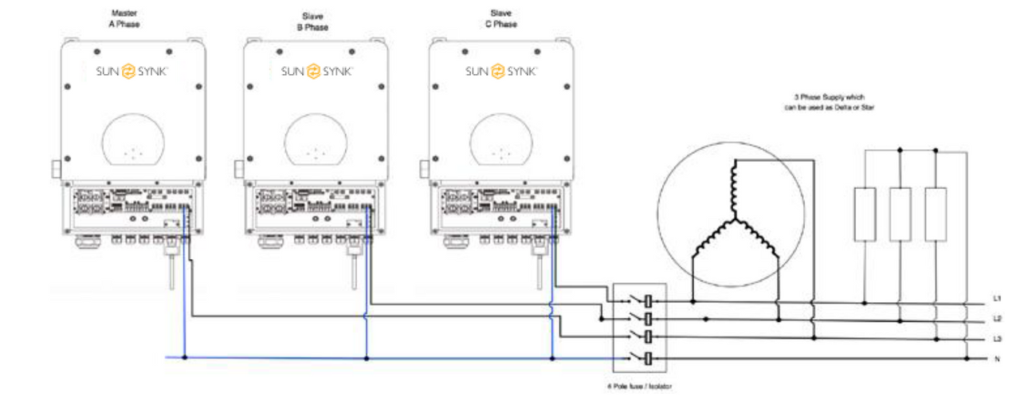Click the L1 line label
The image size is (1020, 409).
point(996,299)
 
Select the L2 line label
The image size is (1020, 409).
point(996,319)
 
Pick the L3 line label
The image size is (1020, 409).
point(996,339)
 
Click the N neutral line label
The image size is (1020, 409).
point(996,359)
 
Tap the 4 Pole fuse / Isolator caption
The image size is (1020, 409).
point(640,386)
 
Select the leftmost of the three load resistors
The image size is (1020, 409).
point(865,214)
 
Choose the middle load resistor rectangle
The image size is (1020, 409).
point(900,214)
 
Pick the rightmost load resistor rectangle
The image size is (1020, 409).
point(936,214)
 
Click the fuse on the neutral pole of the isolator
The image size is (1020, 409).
point(649,359)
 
